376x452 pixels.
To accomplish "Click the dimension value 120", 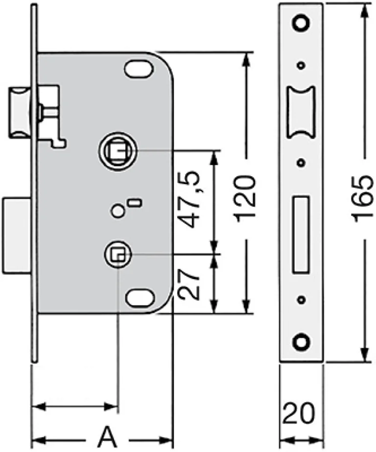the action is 245,199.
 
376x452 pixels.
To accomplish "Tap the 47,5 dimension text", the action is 188,199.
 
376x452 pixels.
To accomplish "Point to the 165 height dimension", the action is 364,199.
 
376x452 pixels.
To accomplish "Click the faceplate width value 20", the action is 299,413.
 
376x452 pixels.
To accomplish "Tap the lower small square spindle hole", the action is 118,255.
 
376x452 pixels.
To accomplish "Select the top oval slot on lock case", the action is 139,69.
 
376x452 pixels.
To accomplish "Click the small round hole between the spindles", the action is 117,211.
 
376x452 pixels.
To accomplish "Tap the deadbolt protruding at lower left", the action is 17,235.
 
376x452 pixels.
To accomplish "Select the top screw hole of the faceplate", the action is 301,23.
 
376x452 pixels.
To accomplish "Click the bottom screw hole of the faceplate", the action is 301,342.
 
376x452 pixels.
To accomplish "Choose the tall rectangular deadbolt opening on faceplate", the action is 301,235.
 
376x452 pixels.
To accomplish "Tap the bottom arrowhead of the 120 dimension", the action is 245,306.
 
